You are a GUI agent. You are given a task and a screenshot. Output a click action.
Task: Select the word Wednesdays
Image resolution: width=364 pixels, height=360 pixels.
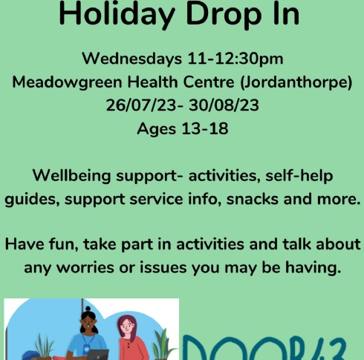132,59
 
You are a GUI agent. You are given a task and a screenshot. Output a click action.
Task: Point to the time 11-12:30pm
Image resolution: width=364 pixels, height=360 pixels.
235,59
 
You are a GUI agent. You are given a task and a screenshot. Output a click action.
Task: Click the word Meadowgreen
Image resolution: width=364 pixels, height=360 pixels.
67,82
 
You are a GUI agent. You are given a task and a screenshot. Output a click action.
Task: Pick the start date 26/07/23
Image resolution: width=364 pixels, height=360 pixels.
141,105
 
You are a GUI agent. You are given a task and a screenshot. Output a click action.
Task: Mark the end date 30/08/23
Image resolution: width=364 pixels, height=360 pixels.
224,105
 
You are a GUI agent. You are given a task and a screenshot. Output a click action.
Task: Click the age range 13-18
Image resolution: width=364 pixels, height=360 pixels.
205,128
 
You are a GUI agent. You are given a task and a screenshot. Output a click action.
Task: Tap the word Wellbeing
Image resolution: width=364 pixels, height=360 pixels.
71,176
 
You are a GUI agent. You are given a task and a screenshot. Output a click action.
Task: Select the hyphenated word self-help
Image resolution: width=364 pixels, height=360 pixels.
299,176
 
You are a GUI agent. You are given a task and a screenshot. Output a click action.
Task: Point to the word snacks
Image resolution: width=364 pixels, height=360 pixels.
252,199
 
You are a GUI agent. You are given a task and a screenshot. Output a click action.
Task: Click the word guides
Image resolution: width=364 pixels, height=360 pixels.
32,200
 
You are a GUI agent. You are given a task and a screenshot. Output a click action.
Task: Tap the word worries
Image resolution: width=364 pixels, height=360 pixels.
85,268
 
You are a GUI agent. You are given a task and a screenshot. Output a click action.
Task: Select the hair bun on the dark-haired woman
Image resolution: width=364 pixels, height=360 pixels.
88,309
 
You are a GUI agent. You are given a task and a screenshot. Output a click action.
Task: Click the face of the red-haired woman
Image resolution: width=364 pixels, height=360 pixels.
126,325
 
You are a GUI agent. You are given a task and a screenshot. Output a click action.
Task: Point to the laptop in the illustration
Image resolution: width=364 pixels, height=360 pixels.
98,355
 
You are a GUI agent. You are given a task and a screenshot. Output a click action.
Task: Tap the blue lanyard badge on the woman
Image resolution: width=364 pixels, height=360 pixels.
85,347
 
